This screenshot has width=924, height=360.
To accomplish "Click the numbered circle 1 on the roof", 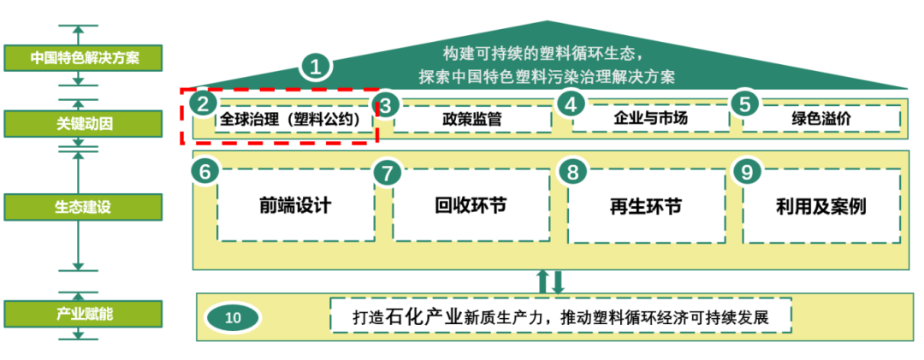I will point(317,66).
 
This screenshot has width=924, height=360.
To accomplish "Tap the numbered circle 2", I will point(202,103).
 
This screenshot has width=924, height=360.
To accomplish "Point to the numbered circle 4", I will point(571,103).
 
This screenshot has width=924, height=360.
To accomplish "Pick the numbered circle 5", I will point(744,103).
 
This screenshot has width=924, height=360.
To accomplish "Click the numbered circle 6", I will point(204,171).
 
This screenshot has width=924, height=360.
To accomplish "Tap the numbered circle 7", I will point(387,172).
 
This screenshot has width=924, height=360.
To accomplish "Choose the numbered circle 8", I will point(572,171).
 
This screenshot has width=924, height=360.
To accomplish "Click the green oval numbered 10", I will point(233,317).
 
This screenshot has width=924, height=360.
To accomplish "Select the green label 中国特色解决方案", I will point(78,59).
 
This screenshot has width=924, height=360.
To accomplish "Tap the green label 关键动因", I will point(78,124).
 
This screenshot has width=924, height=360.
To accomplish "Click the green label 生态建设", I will point(78,207).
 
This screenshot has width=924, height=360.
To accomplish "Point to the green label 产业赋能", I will point(78,314).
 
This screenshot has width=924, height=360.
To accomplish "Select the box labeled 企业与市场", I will point(650,118).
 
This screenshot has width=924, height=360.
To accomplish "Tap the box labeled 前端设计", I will point(295,205).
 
